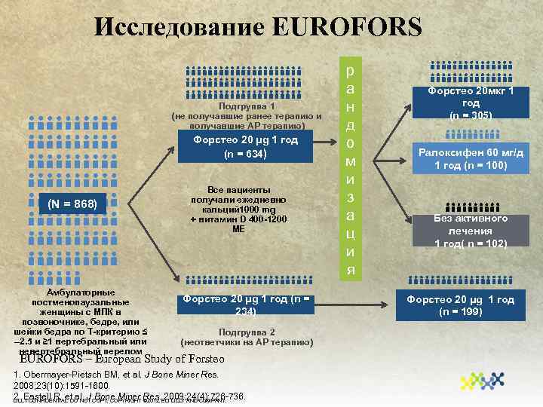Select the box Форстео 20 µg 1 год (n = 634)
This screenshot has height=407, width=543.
[x=245, y=147]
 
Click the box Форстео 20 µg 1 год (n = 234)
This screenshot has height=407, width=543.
[x=245, y=305]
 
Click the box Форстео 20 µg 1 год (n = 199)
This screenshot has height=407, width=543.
[x=460, y=305]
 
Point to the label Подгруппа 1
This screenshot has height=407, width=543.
[x=246, y=106]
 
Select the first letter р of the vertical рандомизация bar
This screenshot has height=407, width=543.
[x=349, y=70]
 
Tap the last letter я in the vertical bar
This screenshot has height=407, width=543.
[x=349, y=269]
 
